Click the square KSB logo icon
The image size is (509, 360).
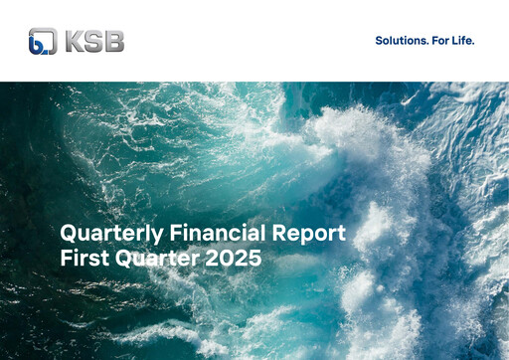[x=43, y=41]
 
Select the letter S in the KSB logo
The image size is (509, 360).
[x=92, y=42]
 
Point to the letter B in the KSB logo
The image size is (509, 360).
[x=112, y=42]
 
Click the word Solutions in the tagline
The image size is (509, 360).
[x=402, y=41]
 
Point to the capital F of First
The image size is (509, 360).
[x=66, y=261]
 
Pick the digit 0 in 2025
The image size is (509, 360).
[x=229, y=261]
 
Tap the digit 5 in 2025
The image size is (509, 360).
[x=255, y=261]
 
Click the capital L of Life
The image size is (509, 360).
[x=457, y=41]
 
